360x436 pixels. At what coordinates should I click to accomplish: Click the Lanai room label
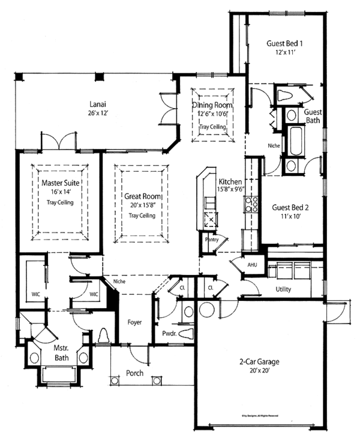(x=99, y=103)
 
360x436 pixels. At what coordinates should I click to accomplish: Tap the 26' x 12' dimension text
(x=99, y=112)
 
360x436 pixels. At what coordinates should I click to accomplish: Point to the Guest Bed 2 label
(x=290, y=207)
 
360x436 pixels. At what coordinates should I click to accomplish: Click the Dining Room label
(x=212, y=106)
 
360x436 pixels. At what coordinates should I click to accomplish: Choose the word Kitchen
(x=230, y=181)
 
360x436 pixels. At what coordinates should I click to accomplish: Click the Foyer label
(x=134, y=322)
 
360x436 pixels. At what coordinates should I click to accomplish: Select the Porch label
(x=134, y=373)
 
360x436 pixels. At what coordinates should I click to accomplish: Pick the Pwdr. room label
(x=169, y=333)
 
